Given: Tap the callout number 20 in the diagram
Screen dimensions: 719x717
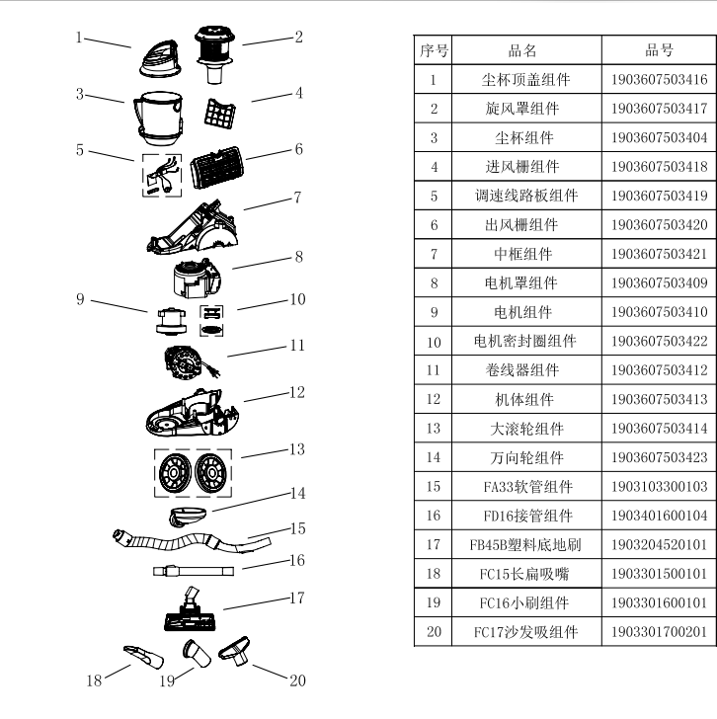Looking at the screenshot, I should pyautogui.click(x=297, y=679).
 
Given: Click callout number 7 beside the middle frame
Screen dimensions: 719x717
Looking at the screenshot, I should pyautogui.click(x=296, y=197).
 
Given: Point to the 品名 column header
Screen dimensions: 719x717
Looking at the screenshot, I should pyautogui.click(x=522, y=50).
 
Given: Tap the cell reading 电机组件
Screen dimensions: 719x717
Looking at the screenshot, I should pyautogui.click(x=522, y=312).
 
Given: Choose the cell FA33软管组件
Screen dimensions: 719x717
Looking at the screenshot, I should pyautogui.click(x=522, y=487).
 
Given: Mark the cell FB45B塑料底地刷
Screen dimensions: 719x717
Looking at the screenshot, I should pyautogui.click(x=522, y=545).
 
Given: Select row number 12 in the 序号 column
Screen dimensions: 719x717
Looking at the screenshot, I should pyautogui.click(x=434, y=400).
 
